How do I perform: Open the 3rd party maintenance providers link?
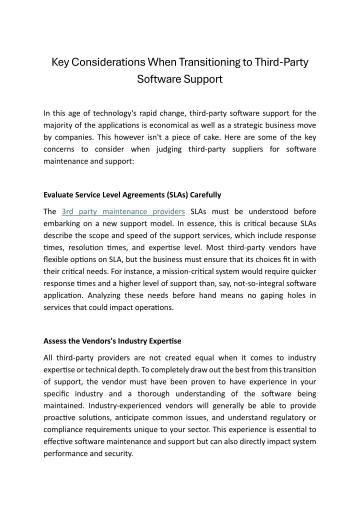tap(123, 212)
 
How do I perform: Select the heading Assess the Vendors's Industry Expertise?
tap(112, 341)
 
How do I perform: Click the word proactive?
tap(61, 418)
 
